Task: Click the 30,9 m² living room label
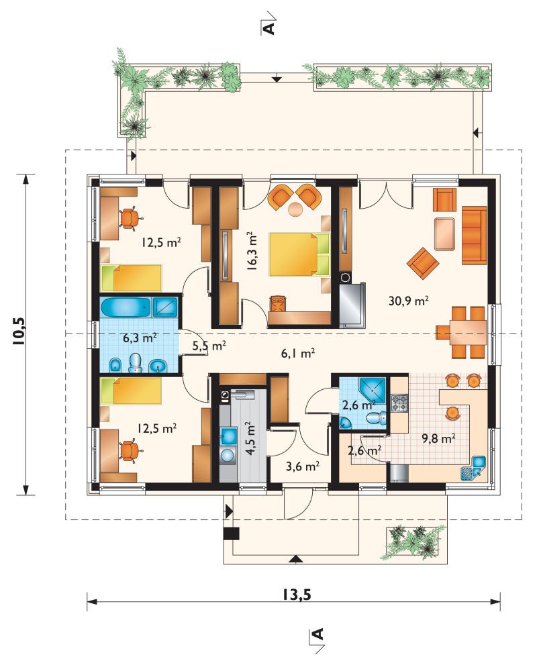coord(408,301)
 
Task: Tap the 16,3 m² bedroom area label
coord(252,251)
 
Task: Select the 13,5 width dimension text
coord(297,595)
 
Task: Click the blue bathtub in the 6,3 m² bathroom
coord(126,307)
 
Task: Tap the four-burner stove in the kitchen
coord(399,403)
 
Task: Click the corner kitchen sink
coord(473,468)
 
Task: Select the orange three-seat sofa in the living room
coord(474,235)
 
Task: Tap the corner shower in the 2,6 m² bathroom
coord(373,390)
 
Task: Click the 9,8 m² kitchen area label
coord(438,438)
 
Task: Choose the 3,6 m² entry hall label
coord(303,466)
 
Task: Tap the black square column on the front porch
coord(231,533)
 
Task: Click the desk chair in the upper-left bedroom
coord(130,218)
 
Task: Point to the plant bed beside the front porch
coord(416,543)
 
